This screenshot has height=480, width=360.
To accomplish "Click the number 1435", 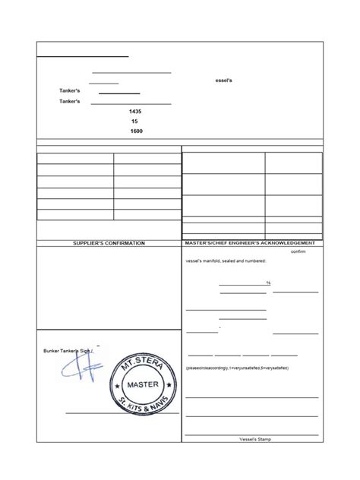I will click(136, 112).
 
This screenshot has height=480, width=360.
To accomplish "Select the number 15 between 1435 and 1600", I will click(134, 122).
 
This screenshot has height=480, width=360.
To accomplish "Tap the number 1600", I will click(136, 131).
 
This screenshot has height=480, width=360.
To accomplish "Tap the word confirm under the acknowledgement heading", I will click(298, 251).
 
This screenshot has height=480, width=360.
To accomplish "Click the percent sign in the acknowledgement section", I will click(269, 283).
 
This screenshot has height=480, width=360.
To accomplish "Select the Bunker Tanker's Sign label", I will click(70, 351).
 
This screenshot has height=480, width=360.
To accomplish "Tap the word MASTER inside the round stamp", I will click(143, 384).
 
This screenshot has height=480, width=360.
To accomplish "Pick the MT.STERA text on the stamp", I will click(142, 359).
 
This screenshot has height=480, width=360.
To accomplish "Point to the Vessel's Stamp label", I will click(254, 440).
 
